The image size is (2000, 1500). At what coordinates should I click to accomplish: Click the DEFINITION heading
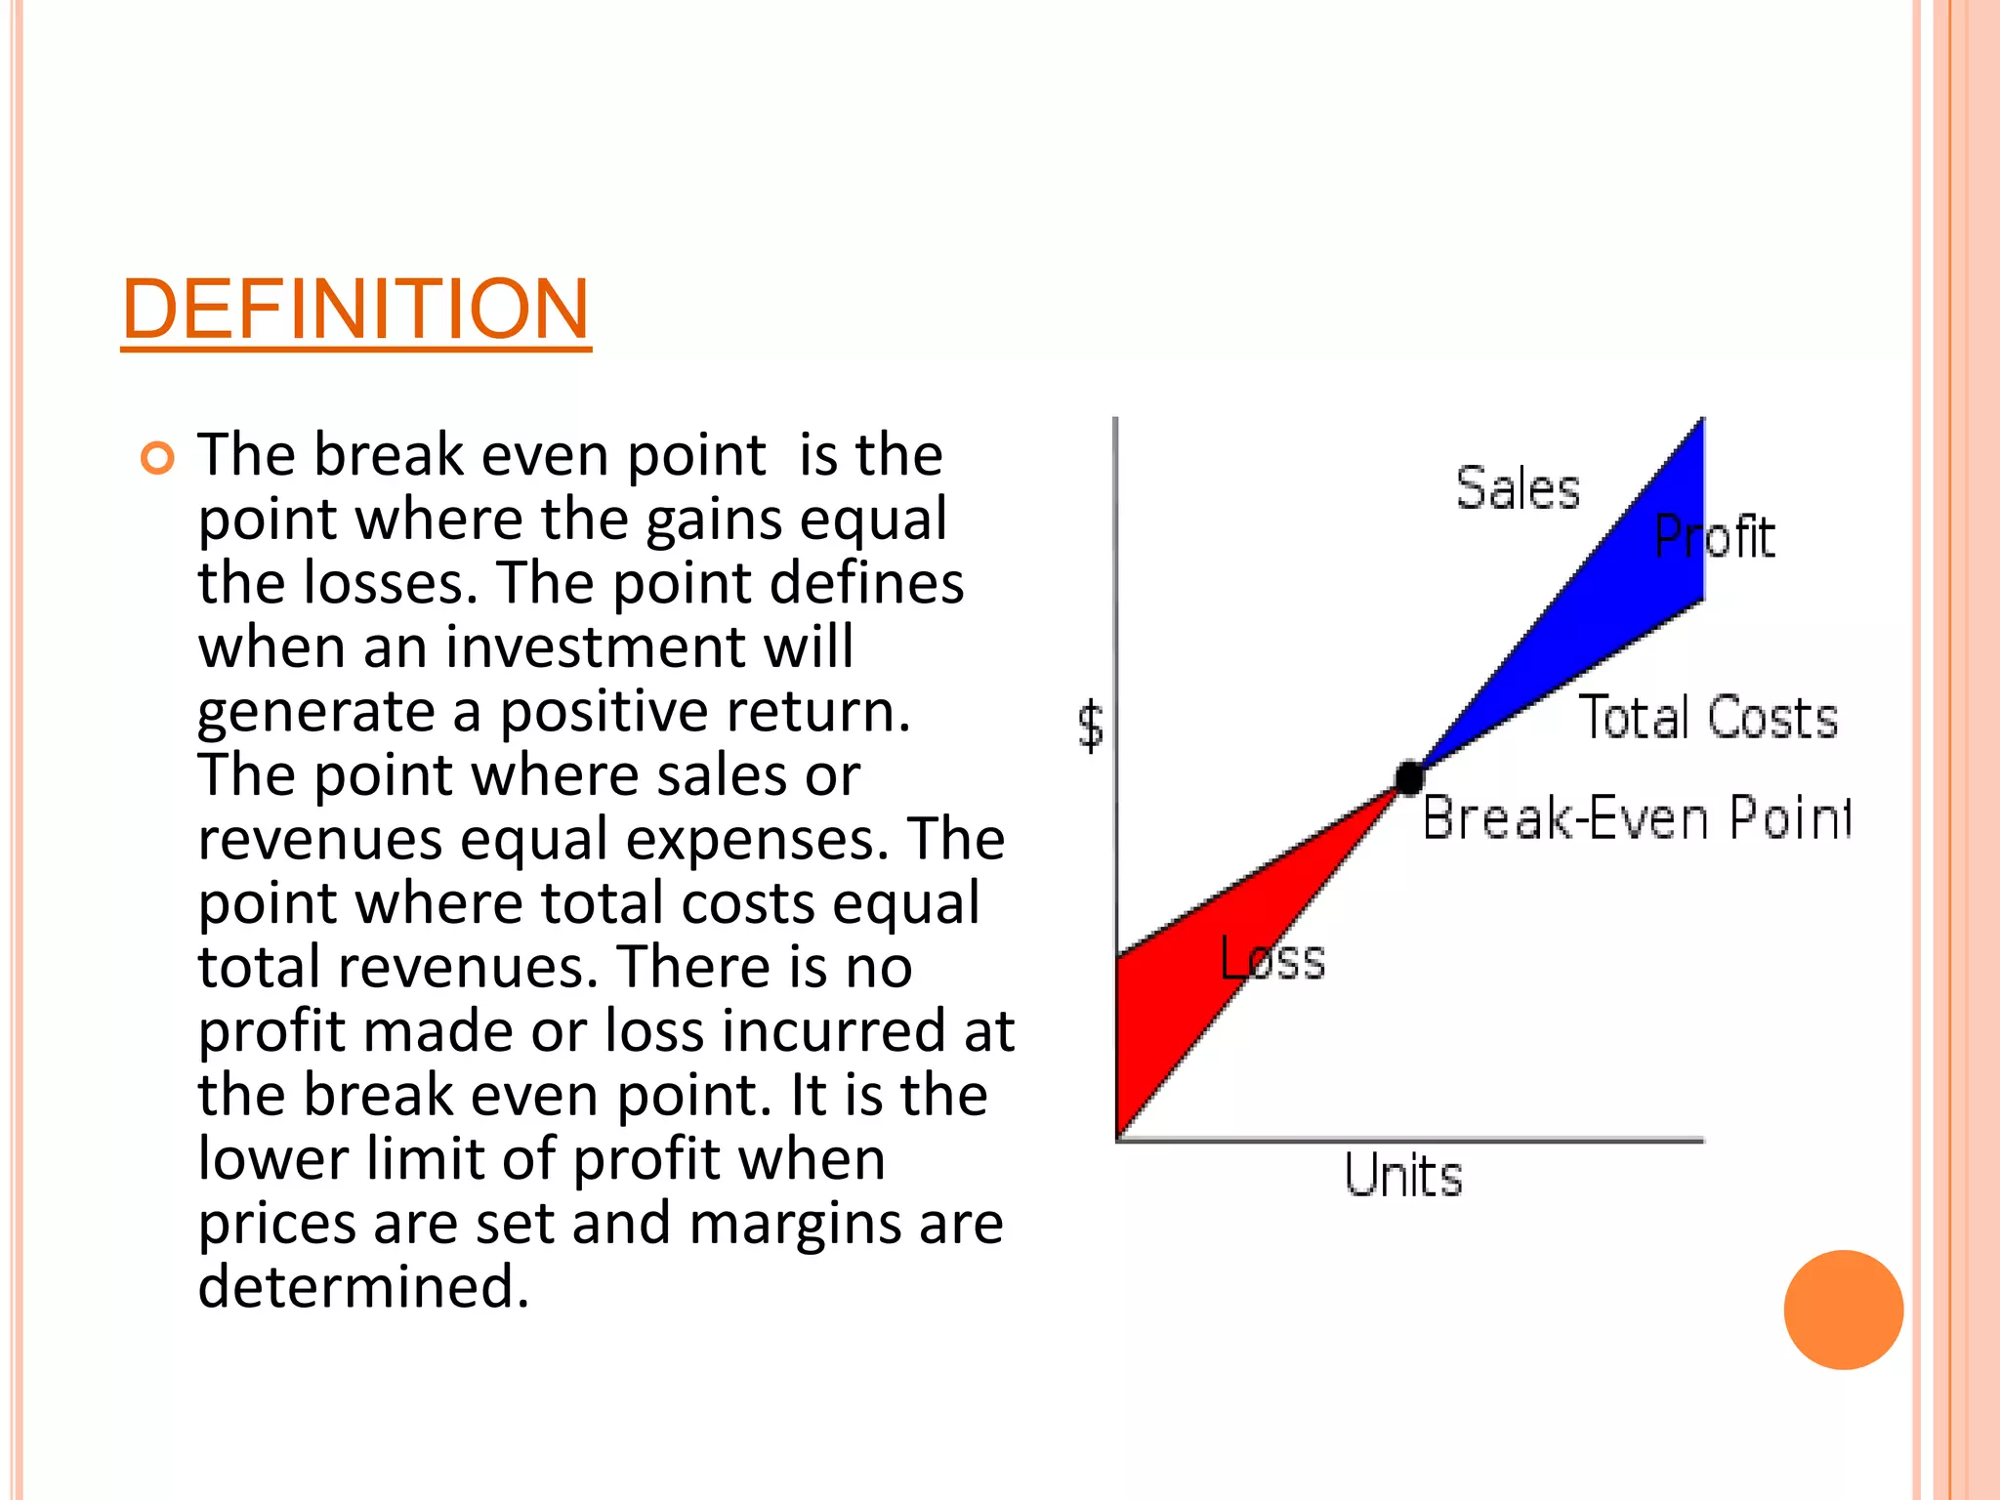tap(355, 309)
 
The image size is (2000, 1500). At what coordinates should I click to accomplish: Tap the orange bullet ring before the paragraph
tap(157, 457)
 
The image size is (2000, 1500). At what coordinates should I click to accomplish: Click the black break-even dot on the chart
tap(1409, 777)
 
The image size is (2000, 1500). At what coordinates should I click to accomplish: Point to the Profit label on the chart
tap(1715, 537)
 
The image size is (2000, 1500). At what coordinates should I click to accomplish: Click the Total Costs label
tap(1708, 718)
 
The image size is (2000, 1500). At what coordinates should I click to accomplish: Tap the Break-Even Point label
tap(1636, 818)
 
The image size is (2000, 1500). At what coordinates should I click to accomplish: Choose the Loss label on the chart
tap(1272, 959)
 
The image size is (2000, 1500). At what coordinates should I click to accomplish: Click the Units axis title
tap(1403, 1175)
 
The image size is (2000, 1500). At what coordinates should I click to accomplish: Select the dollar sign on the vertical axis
tap(1091, 727)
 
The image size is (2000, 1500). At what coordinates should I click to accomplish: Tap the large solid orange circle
tap(1843, 1310)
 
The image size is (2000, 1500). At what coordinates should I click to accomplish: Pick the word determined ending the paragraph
tap(363, 1286)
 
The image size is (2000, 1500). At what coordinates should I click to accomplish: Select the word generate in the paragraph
tap(315, 712)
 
